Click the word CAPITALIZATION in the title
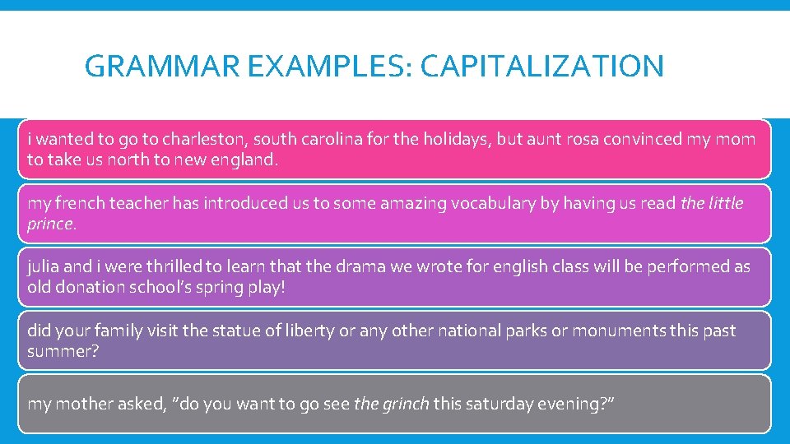[541, 66]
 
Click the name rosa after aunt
[581, 139]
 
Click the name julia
[46, 266]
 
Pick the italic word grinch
[403, 404]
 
